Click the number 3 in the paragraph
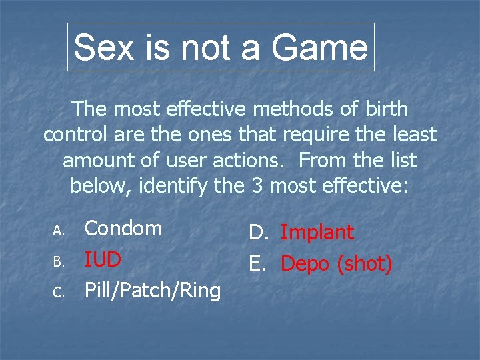pos(257,186)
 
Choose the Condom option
pos(123,228)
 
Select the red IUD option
pos(103,259)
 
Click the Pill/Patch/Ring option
pos(152,291)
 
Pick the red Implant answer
pos(317,233)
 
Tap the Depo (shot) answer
pos(336,264)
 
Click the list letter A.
pos(58,230)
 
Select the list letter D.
pos(258,233)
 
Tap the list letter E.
pos(257,264)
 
